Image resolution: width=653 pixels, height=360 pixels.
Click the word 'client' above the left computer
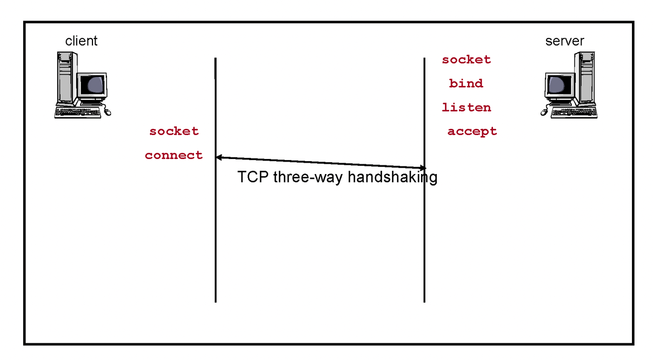click(81, 41)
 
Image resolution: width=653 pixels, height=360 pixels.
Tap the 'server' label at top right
click(564, 41)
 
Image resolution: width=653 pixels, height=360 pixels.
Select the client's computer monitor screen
click(91, 85)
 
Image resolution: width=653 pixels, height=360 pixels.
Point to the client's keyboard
click(78, 112)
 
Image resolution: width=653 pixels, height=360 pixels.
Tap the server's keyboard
click(574, 112)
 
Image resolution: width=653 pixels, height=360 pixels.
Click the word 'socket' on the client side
click(174, 131)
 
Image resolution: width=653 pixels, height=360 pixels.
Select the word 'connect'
click(174, 156)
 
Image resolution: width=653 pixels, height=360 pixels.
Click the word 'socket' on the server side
click(467, 60)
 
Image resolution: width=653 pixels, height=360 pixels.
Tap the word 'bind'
click(466, 84)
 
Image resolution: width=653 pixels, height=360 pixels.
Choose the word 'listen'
click(467, 108)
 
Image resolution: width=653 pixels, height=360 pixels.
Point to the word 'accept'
click(472, 131)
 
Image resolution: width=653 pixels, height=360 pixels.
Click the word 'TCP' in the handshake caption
click(253, 177)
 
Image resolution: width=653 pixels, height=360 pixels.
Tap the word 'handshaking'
click(392, 177)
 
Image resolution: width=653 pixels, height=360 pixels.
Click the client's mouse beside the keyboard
click(106, 111)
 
